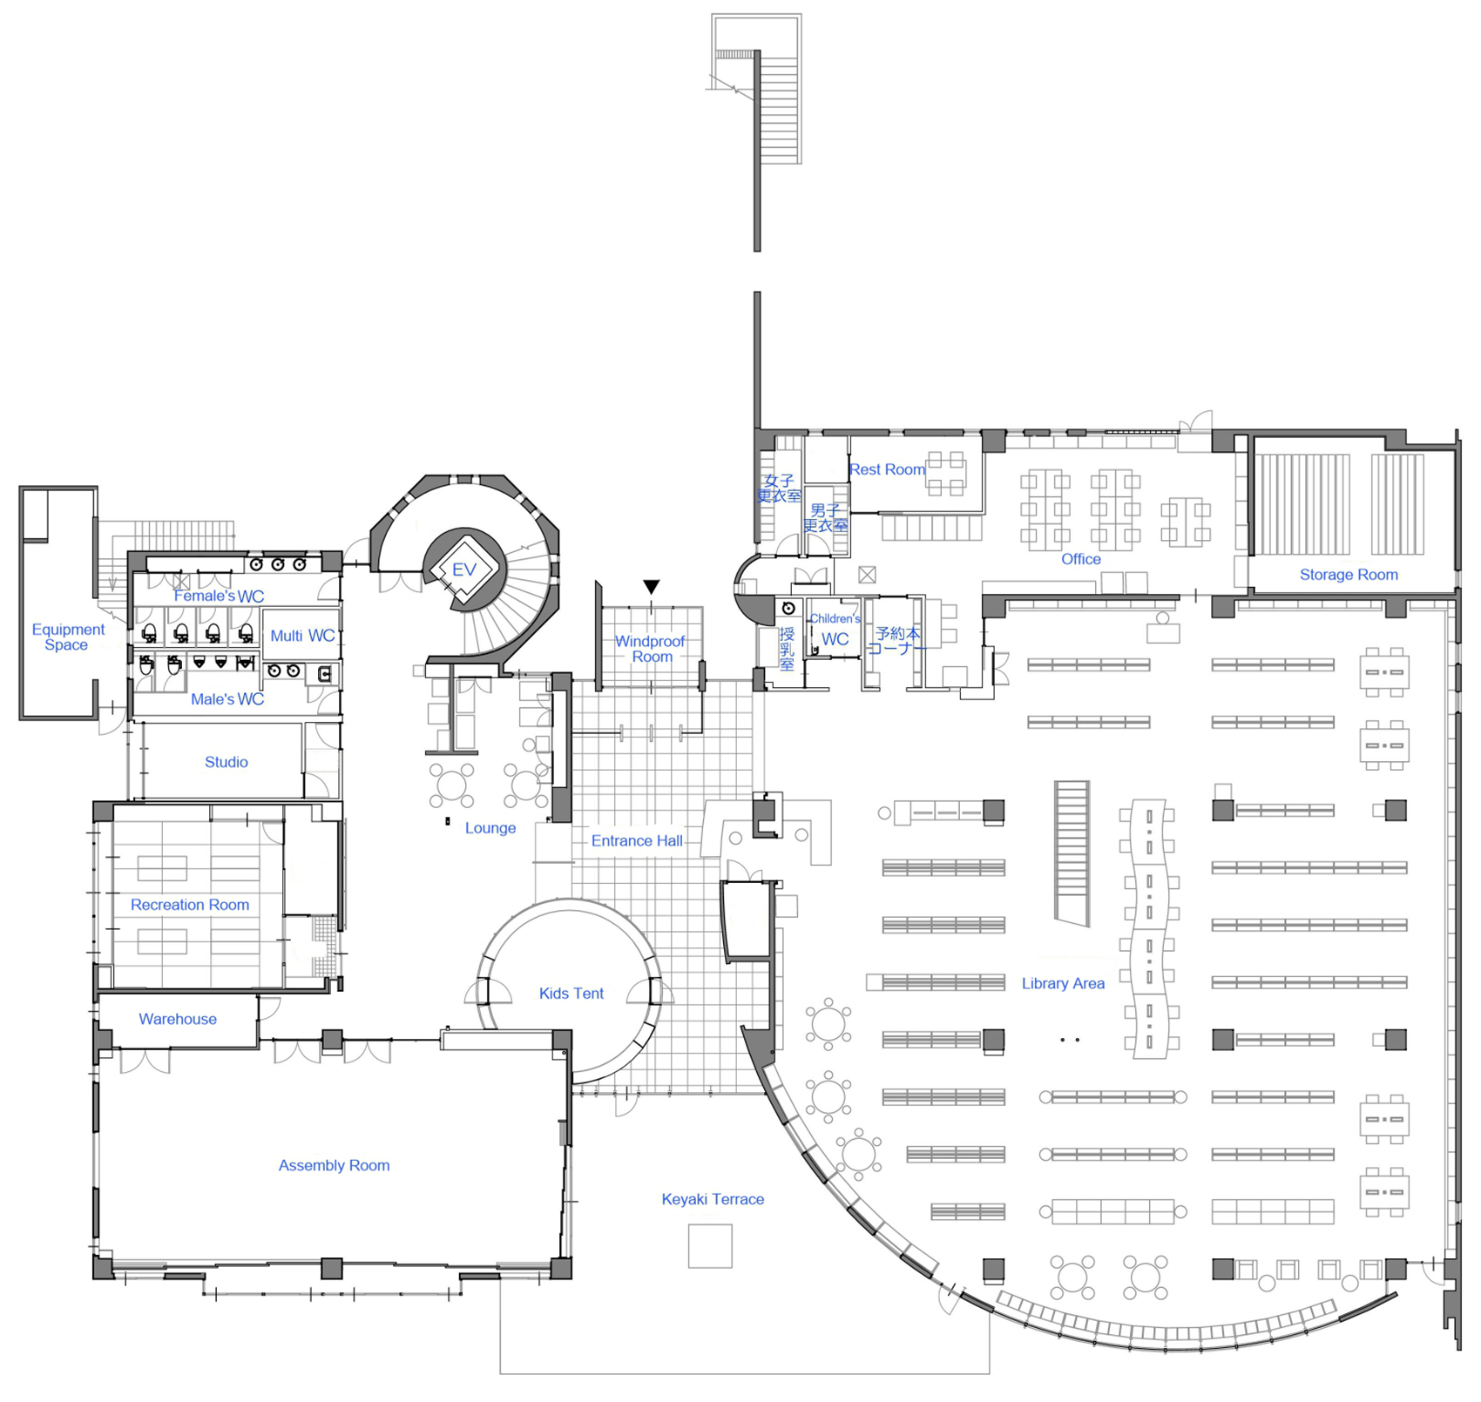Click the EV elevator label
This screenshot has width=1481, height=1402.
[463, 570]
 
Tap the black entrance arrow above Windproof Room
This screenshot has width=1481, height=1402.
[651, 587]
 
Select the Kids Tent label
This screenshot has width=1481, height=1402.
[571, 993]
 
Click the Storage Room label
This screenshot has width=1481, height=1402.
[1348, 575]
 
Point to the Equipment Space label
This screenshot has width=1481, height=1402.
[68, 637]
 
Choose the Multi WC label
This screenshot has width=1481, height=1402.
[302, 636]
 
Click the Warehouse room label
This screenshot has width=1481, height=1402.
[178, 1019]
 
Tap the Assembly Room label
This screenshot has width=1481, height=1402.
[334, 1165]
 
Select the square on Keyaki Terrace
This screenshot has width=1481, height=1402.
[710, 1245]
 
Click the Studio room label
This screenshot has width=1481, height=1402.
[227, 762]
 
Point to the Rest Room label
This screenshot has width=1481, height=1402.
[887, 469]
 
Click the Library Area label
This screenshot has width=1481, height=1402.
[1063, 983]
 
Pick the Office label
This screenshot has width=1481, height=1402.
[1080, 559]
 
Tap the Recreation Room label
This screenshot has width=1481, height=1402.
[190, 905]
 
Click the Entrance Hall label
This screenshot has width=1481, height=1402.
[637, 840]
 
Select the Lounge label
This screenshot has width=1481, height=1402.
[490, 828]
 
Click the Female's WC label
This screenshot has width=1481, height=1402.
[219, 597]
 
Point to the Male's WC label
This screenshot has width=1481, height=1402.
[227, 699]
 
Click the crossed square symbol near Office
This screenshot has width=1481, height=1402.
[866, 575]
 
